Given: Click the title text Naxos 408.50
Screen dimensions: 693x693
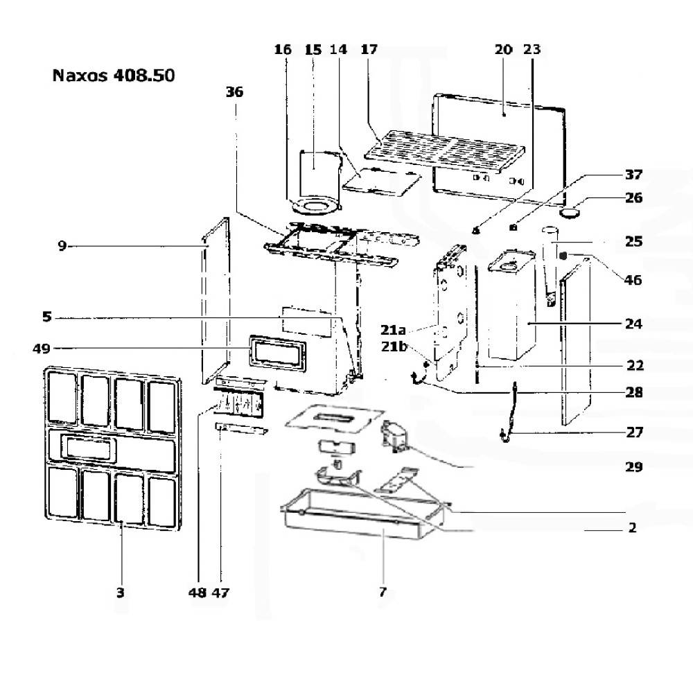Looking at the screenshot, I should click(113, 75).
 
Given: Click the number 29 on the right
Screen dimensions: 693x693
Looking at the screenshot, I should click(633, 467).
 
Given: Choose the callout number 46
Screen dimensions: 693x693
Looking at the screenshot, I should click(633, 281).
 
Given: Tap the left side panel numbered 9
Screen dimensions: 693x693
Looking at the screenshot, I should click(216, 305).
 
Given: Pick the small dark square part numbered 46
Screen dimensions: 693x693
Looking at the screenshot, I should click(563, 256).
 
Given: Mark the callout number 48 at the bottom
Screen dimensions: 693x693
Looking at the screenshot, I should click(198, 593).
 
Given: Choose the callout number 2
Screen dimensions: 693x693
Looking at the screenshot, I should click(632, 528).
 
